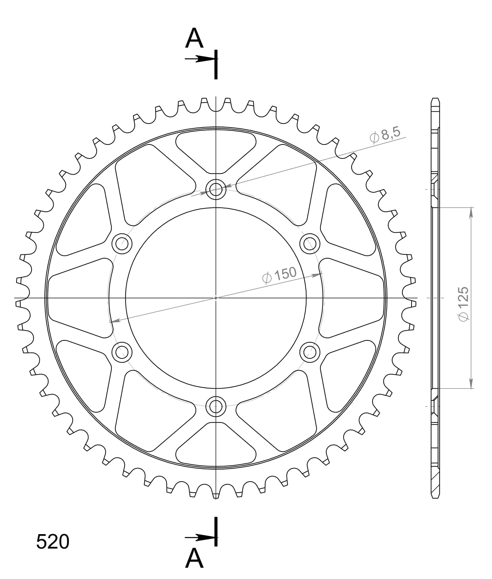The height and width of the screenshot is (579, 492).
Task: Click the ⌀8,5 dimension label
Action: coord(385,135)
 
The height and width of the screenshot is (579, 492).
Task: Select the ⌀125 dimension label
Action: coord(463,304)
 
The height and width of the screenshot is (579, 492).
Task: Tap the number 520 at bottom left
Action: coord(53,542)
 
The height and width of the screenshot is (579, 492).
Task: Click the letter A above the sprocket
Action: coord(194,38)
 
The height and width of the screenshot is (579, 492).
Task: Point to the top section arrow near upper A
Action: coord(201,59)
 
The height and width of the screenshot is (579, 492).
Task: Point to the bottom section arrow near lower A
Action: coord(201,537)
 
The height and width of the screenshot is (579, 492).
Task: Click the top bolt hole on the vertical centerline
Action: coord(216,190)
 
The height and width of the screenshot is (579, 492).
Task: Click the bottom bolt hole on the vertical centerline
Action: coord(216,406)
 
